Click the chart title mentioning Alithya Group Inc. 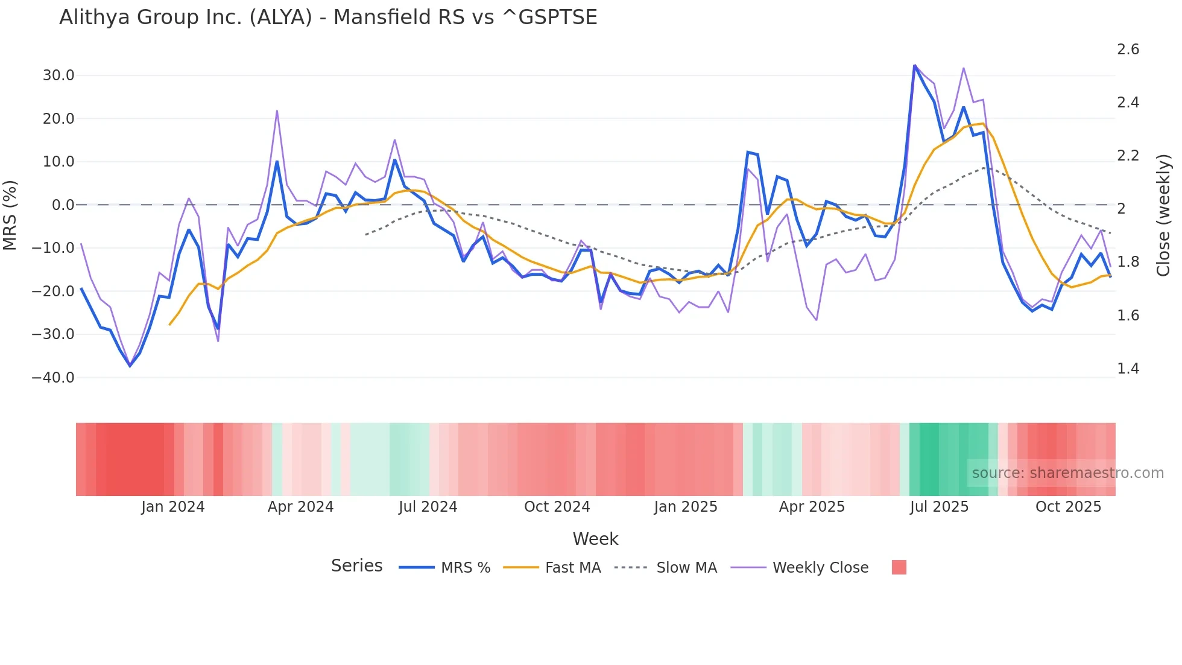point(328,17)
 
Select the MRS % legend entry point(445,568)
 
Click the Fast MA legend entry point(552,568)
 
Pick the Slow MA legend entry point(666,568)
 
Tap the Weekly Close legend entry point(800,568)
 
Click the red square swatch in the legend point(899,567)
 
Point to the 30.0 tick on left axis point(58,75)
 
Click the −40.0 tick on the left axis point(53,378)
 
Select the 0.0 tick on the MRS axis point(63,205)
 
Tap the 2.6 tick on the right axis point(1128,49)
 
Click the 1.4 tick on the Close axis point(1128,369)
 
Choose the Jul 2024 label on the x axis point(428,507)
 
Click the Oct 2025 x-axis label point(1068,507)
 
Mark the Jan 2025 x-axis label point(686,507)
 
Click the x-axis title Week point(595,539)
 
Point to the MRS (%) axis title point(10,215)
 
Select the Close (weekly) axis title point(1163,215)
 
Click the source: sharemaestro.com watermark point(1067,473)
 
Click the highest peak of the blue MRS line point(914,65)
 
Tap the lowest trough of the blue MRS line point(130,366)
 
